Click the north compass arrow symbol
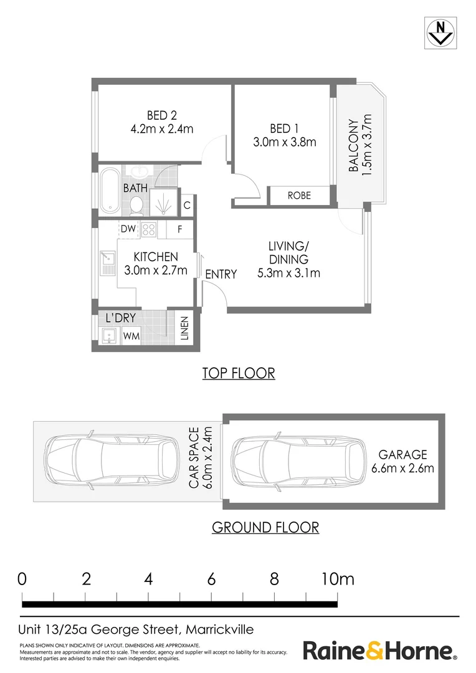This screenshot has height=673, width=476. [x=440, y=33]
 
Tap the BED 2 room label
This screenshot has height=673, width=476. [x=162, y=115]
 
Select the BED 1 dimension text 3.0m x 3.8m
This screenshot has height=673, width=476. [x=285, y=142]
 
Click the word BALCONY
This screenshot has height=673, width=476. [x=353, y=145]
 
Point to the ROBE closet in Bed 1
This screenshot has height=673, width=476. [x=299, y=196]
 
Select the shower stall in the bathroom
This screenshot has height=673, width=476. [x=163, y=202]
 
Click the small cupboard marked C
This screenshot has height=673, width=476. [x=187, y=205]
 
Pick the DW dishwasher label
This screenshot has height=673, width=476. [x=128, y=229]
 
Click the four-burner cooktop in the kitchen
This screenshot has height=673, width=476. [x=149, y=229]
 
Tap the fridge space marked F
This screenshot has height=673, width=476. [x=180, y=229]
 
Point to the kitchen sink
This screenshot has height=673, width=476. [x=107, y=263]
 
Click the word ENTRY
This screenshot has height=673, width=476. [x=221, y=274]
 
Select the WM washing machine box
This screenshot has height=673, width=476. [x=131, y=336]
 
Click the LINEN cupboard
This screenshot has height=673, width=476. [x=184, y=328]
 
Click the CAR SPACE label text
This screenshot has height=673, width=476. [x=194, y=457]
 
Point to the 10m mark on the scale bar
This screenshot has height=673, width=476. [x=338, y=580]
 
